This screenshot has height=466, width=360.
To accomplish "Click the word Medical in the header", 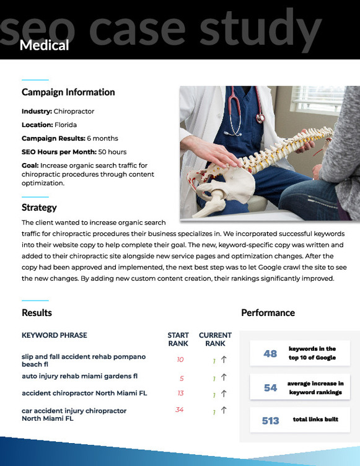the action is pos(44,45).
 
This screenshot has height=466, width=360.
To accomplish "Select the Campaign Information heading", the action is pos(68,92).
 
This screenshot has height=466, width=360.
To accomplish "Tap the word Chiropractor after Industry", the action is pos(74,112).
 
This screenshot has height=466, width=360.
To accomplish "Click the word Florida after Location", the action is pos(66,125).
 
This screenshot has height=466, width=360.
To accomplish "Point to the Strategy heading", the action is pos(39,208).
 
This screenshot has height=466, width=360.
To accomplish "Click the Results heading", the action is pos(37,313).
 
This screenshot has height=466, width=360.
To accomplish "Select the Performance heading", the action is pos(268,313).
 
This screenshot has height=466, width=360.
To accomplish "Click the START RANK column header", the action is pos(178,339).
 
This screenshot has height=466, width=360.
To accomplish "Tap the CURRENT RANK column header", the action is pos(215,339).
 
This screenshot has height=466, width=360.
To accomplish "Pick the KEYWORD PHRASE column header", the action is pos(55,335).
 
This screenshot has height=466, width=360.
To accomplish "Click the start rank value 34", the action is pos(179,410).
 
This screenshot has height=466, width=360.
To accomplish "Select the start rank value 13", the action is pos(180,393).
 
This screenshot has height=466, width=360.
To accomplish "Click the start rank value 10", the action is pos(180,359).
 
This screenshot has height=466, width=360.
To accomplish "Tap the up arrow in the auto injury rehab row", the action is pos(224,377).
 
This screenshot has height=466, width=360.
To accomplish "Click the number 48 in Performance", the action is pos(270,354).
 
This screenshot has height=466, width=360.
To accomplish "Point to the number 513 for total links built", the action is pos(271,421).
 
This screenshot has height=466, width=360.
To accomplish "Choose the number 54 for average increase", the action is pos(270,387).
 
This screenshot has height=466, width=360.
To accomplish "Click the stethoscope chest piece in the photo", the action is pos(260,118).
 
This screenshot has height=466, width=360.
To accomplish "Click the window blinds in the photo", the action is pos(317,100).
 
